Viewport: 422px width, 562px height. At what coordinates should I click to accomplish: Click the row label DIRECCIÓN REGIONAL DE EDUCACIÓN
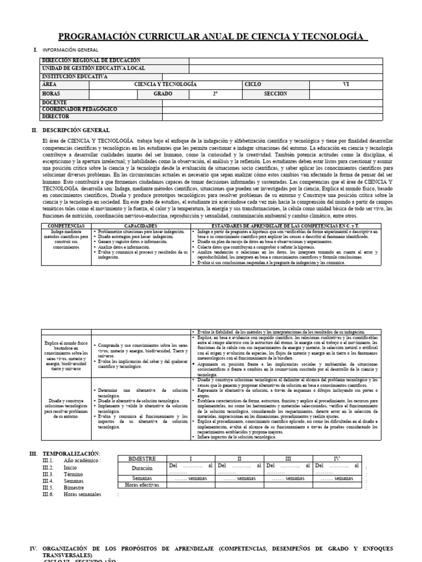pyautogui.click(x=91, y=60)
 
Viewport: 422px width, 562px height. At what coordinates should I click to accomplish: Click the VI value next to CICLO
pyautogui.click(x=346, y=85)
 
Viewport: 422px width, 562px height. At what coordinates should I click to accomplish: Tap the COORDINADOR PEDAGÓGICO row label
pyautogui.click(x=79, y=109)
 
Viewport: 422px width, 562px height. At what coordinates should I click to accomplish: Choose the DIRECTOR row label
pyautogui.click(x=55, y=116)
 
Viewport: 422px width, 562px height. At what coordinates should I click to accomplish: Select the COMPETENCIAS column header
pyautogui.click(x=66, y=226)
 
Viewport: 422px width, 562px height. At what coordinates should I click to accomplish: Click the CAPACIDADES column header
pyautogui.click(x=141, y=226)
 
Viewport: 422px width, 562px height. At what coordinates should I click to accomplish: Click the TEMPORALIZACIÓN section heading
pyautogui.click(x=71, y=453)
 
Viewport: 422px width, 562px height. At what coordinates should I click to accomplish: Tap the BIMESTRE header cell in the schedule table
pyautogui.click(x=142, y=458)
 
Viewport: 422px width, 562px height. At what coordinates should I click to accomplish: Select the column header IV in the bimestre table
pyautogui.click(x=337, y=458)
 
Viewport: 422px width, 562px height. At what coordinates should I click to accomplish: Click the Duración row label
pyautogui.click(x=142, y=469)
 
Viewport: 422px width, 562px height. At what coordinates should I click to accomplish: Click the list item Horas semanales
pyautogui.click(x=82, y=494)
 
